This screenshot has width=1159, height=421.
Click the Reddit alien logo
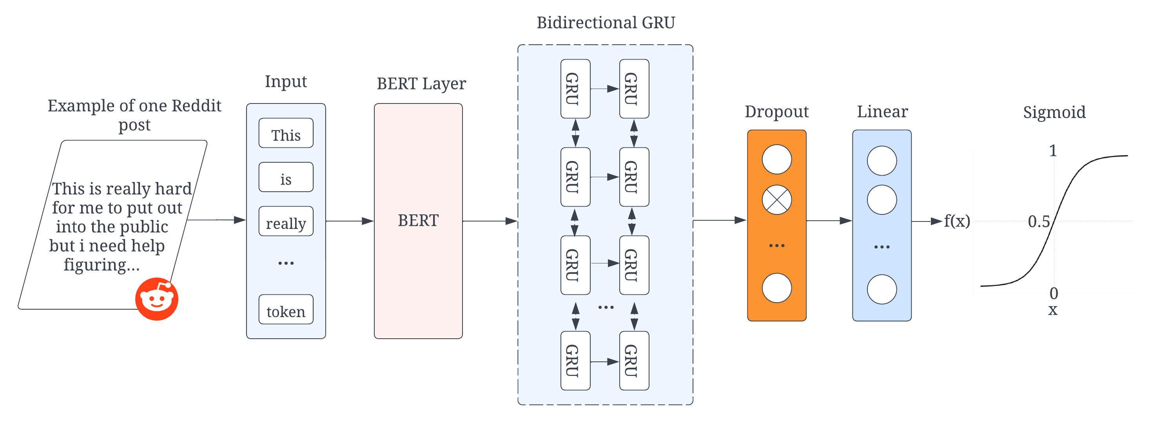click(x=156, y=299)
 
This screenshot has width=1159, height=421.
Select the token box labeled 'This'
click(x=286, y=134)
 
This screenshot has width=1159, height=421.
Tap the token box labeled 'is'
click(x=286, y=178)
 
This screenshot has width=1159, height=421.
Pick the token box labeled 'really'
click(x=286, y=222)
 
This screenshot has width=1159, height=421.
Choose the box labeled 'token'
click(x=286, y=310)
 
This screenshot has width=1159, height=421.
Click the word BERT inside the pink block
click(x=418, y=221)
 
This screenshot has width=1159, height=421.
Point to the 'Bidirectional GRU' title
click(x=606, y=22)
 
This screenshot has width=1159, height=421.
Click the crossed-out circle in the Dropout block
click(x=776, y=200)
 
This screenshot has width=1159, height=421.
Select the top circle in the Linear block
click(x=881, y=161)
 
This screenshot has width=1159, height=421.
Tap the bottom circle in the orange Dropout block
click(x=776, y=288)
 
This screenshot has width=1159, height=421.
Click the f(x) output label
click(x=956, y=221)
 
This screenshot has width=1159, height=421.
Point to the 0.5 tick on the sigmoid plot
click(x=1038, y=222)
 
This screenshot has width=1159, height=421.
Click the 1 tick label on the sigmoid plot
click(x=1052, y=151)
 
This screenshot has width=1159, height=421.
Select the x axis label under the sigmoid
click(x=1052, y=310)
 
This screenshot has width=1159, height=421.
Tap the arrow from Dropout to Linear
click(x=829, y=221)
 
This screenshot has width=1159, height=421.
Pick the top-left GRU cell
click(x=575, y=89)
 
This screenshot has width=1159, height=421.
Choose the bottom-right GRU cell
click(x=634, y=361)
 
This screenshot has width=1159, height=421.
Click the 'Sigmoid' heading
click(x=1054, y=112)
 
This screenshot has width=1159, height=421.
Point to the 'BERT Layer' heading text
click(x=421, y=83)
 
